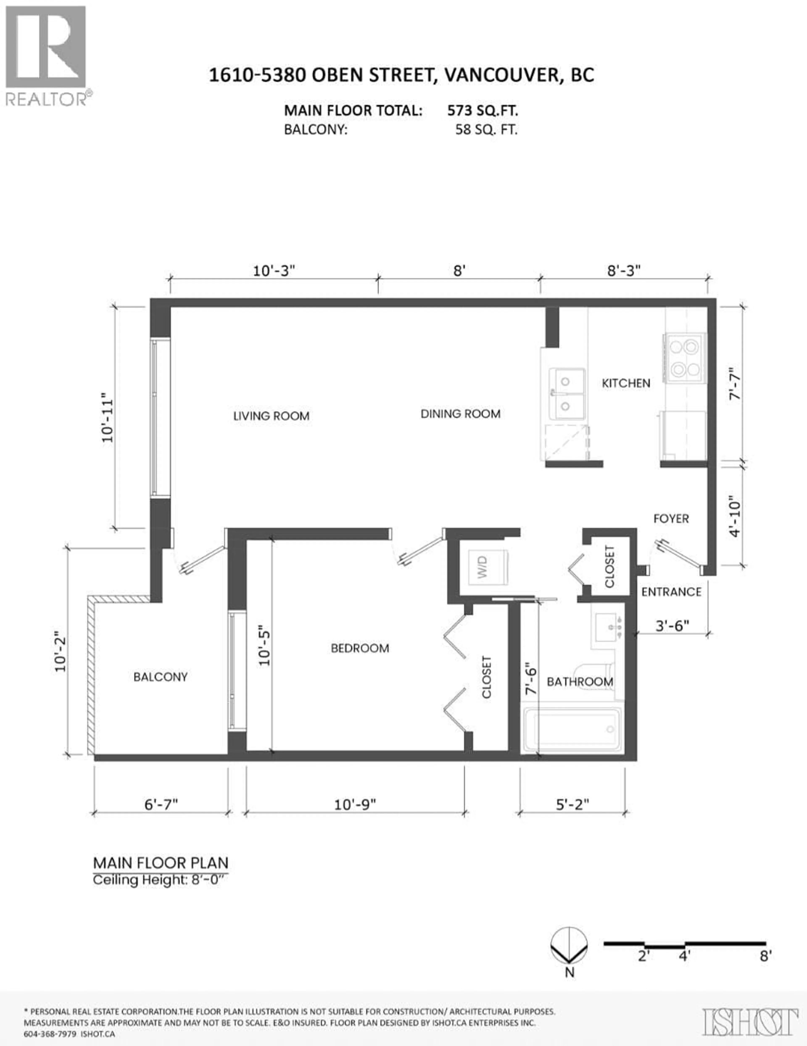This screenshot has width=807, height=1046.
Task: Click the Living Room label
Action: [x=271, y=416]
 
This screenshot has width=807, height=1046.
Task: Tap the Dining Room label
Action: [x=460, y=414]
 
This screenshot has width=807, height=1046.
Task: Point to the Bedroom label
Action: [x=360, y=648]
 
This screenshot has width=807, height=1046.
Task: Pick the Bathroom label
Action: [x=580, y=681]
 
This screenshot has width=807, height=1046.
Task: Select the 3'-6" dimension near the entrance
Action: [x=672, y=626]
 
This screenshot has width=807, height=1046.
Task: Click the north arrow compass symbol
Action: [x=569, y=946]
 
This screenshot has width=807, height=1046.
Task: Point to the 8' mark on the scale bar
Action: [x=765, y=956]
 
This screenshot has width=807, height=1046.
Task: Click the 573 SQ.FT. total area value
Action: [x=482, y=111]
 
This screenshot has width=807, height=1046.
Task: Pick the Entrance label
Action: [x=671, y=592]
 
